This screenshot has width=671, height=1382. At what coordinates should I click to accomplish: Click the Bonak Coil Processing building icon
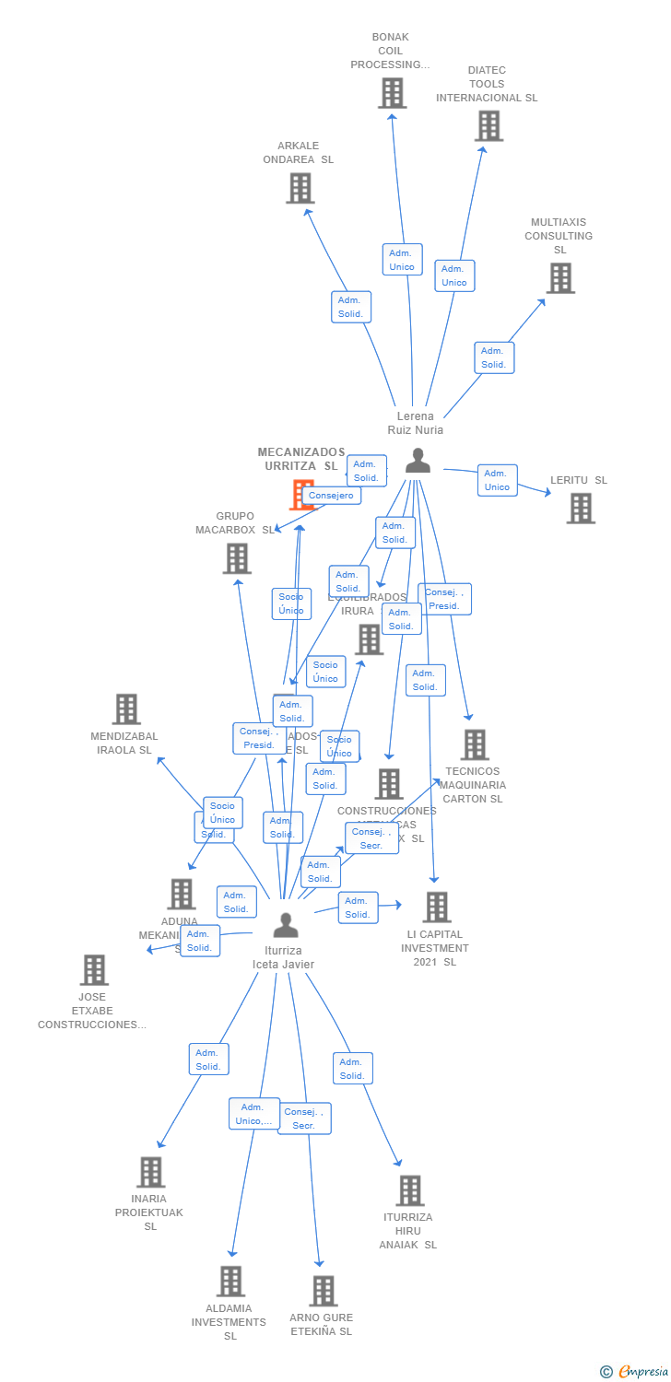(x=392, y=93)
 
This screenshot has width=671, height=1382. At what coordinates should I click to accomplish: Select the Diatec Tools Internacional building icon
(x=489, y=126)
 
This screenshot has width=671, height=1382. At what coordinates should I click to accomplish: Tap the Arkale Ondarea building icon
(x=300, y=188)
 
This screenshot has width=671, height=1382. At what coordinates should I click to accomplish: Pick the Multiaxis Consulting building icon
(x=560, y=278)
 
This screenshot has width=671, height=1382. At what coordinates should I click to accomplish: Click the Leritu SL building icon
(x=581, y=509)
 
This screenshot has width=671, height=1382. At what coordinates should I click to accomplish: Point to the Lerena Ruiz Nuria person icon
(x=418, y=460)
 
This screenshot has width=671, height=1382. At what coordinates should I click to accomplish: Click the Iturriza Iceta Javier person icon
(x=286, y=924)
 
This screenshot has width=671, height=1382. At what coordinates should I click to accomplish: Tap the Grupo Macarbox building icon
(x=237, y=558)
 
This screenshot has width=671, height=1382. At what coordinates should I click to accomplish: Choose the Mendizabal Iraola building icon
(x=126, y=709)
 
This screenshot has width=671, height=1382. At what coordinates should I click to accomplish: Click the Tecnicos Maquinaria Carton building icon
(x=474, y=744)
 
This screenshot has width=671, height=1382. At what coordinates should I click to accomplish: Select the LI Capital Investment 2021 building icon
(x=436, y=908)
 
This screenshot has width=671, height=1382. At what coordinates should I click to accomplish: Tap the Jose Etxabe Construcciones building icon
(x=94, y=970)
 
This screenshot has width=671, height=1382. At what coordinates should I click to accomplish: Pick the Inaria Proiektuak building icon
(x=150, y=1172)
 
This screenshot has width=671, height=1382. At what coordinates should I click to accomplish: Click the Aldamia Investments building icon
(x=230, y=1282)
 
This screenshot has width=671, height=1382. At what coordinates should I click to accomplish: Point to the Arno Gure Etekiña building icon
(x=323, y=1291)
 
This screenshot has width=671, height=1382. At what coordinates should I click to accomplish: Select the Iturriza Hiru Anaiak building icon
(x=410, y=1190)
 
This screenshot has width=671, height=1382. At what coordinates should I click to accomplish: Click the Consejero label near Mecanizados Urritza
(x=331, y=496)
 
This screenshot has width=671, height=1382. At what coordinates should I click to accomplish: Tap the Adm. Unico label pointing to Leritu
(x=497, y=480)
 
